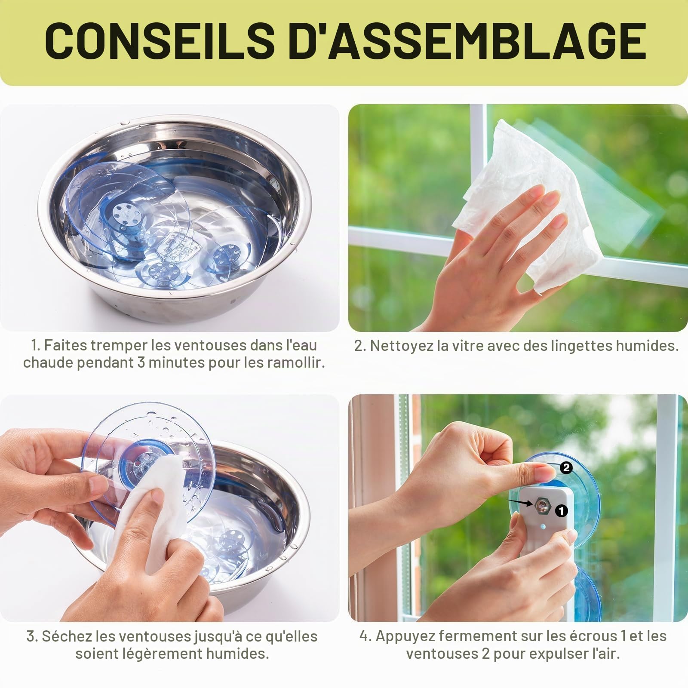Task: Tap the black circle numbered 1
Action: (561, 510)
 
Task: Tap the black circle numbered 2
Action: (566, 467)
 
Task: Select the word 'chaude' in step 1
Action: (48, 362)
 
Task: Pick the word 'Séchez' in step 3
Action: (67, 636)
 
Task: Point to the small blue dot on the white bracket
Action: (544, 526)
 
